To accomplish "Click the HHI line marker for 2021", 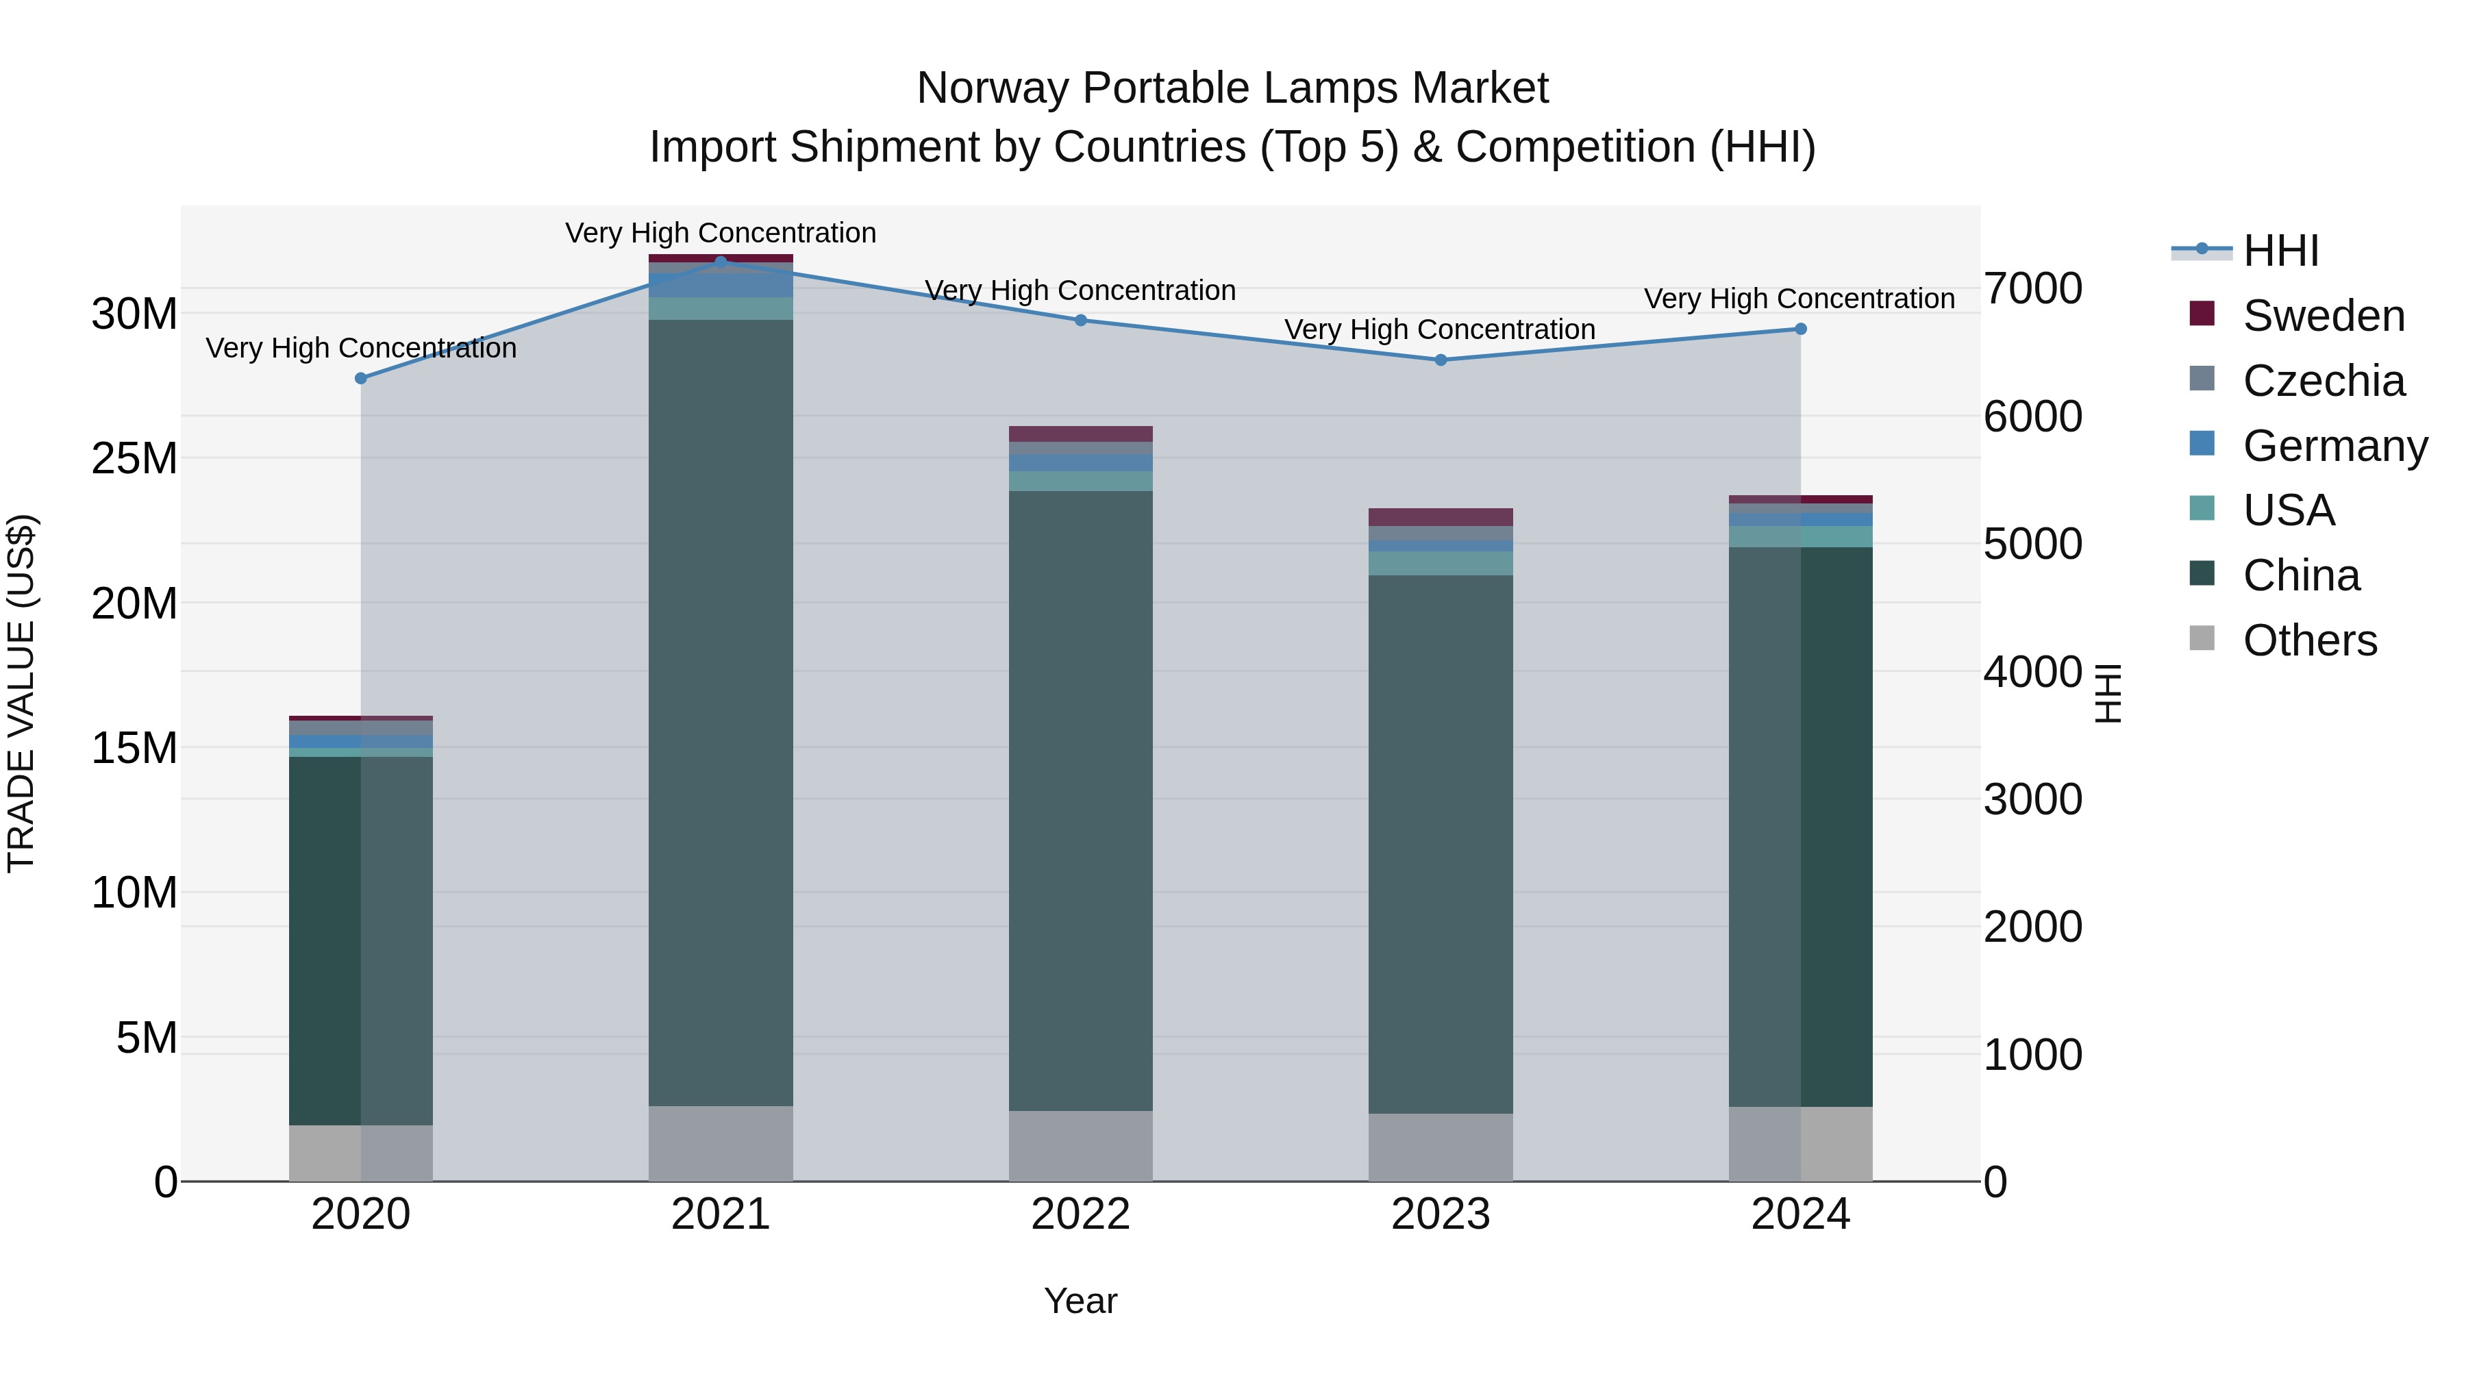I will pos(721,262).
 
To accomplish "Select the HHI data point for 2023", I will pos(1441,360).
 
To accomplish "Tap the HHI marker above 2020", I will pos(361,378).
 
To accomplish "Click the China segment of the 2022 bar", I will pos(1081,800).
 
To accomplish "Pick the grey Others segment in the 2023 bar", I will pos(1441,1147).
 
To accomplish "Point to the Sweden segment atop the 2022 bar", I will pos(1081,434).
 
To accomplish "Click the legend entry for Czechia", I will pos(2324,380).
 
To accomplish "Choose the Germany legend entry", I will pos(2334,445).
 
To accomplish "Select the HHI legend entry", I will pos(2280,251).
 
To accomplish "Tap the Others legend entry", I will pos(2309,640).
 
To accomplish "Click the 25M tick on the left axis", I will pos(134,458).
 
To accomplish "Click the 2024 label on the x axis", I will pos(1799,1214).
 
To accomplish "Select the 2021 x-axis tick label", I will pos(721,1214).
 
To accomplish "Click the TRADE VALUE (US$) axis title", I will pos(21,693).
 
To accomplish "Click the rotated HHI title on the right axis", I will pos(2108,693).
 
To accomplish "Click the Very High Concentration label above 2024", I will pos(1799,299).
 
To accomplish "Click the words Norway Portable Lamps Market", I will pos(1232,88).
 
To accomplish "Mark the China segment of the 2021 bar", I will pos(721,712).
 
